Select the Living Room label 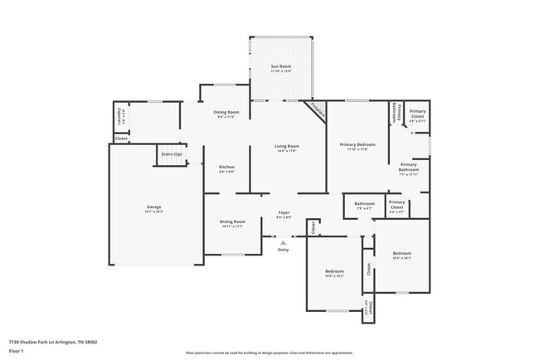tap(287, 146)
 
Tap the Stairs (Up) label tap(171, 154)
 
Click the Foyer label tap(284, 212)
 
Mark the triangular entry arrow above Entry tap(284, 242)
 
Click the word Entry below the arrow tap(284, 250)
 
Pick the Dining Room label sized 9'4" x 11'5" tap(226, 112)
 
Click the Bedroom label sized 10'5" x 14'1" tap(401, 253)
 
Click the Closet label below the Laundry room tap(121, 139)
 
